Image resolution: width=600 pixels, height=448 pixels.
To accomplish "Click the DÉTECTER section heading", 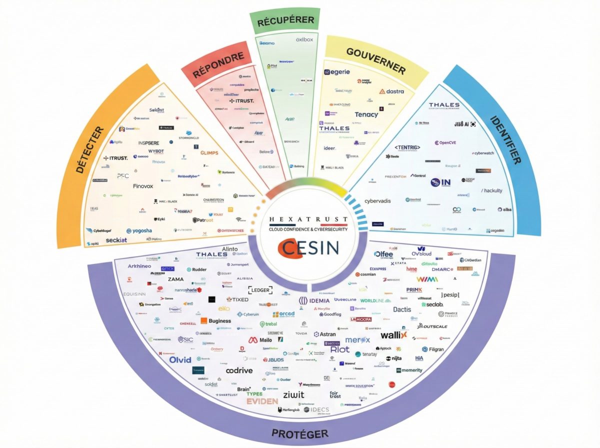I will pos(90,149).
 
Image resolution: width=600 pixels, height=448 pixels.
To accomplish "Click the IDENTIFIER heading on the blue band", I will pos(505,140).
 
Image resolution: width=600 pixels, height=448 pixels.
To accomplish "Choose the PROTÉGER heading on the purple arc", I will pos(300,433).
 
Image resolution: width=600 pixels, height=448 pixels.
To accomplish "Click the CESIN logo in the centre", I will pos(309,248).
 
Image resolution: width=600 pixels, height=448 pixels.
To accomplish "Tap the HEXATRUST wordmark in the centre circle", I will pos(308,219).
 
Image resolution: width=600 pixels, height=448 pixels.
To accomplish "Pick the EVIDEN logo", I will pos(262,401).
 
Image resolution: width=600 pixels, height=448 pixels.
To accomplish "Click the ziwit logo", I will pos(293,394).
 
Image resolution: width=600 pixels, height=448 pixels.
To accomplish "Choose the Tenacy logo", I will pos(366,114).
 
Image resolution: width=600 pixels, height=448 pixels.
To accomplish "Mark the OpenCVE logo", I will pos(445,143).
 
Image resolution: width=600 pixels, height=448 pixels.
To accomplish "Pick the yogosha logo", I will pos(139,231).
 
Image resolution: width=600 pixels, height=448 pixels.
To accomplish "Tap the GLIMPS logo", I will pos(209,153).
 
